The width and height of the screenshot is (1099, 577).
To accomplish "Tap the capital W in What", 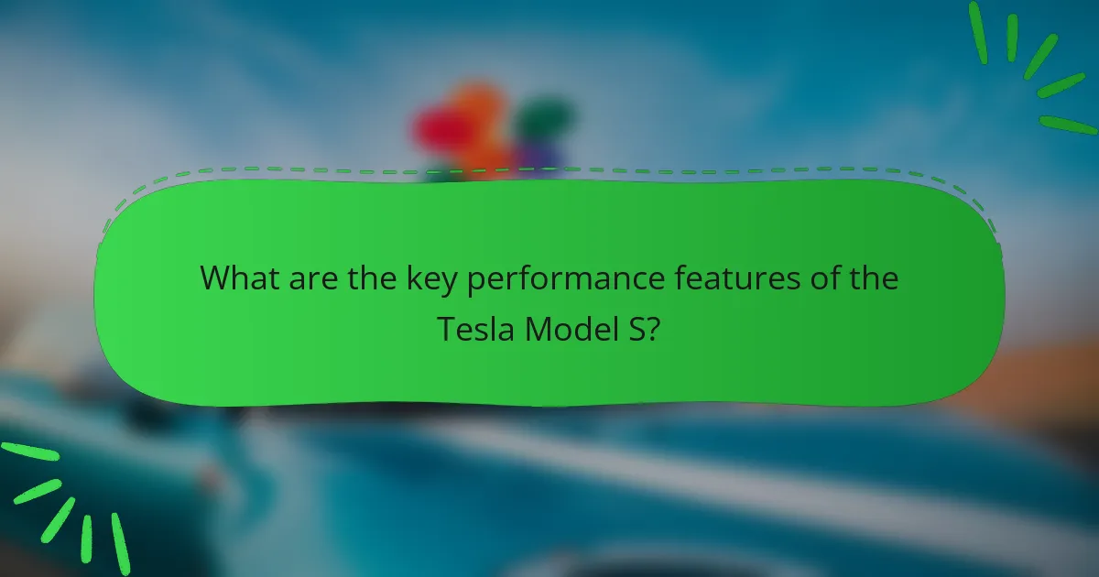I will (x=217, y=278).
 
